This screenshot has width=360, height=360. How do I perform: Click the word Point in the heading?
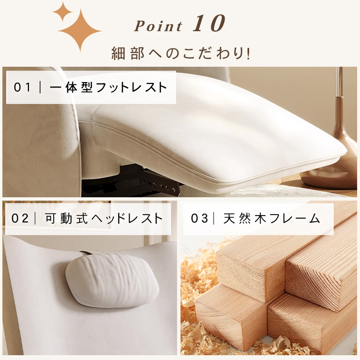(158, 26)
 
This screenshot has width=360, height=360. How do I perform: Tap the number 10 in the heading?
(209, 23)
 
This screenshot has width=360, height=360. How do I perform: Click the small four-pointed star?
(62, 12)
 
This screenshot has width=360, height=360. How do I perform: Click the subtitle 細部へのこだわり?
(180, 53)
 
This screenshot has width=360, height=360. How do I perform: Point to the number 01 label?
(22, 87)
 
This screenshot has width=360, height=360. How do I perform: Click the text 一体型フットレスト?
(108, 87)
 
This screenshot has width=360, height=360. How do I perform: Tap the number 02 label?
(20, 218)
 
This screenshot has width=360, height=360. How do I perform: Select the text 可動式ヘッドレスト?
(104, 218)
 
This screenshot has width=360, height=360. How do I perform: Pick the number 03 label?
(199, 218)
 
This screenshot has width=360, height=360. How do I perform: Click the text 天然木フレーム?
(272, 218)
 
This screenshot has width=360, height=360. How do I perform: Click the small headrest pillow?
(112, 281)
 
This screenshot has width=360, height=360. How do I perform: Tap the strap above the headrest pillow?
(86, 253)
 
